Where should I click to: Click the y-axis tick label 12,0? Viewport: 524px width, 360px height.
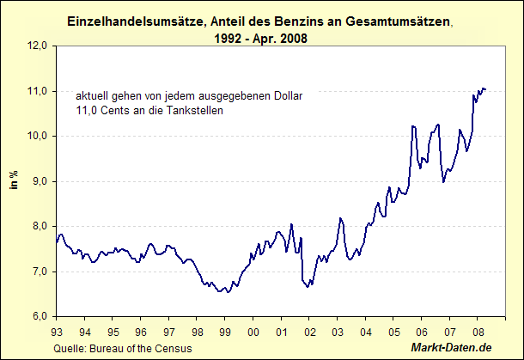tap(38, 46)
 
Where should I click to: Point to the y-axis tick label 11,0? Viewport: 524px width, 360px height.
tap(38, 91)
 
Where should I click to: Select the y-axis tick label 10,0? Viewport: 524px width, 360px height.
tap(38, 136)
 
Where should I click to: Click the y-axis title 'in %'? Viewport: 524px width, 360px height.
tap(15, 181)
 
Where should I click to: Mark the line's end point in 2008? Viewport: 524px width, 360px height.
tap(486, 88)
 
